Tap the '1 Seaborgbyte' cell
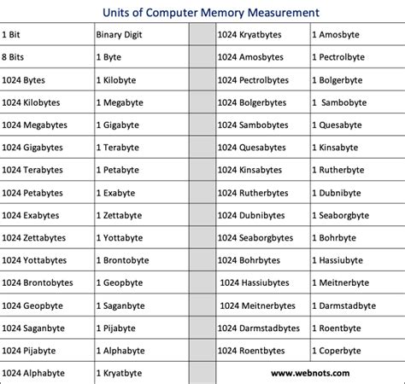click(351, 214)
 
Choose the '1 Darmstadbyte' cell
click(353, 305)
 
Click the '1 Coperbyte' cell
click(347, 350)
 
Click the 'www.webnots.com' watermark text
click(312, 373)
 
